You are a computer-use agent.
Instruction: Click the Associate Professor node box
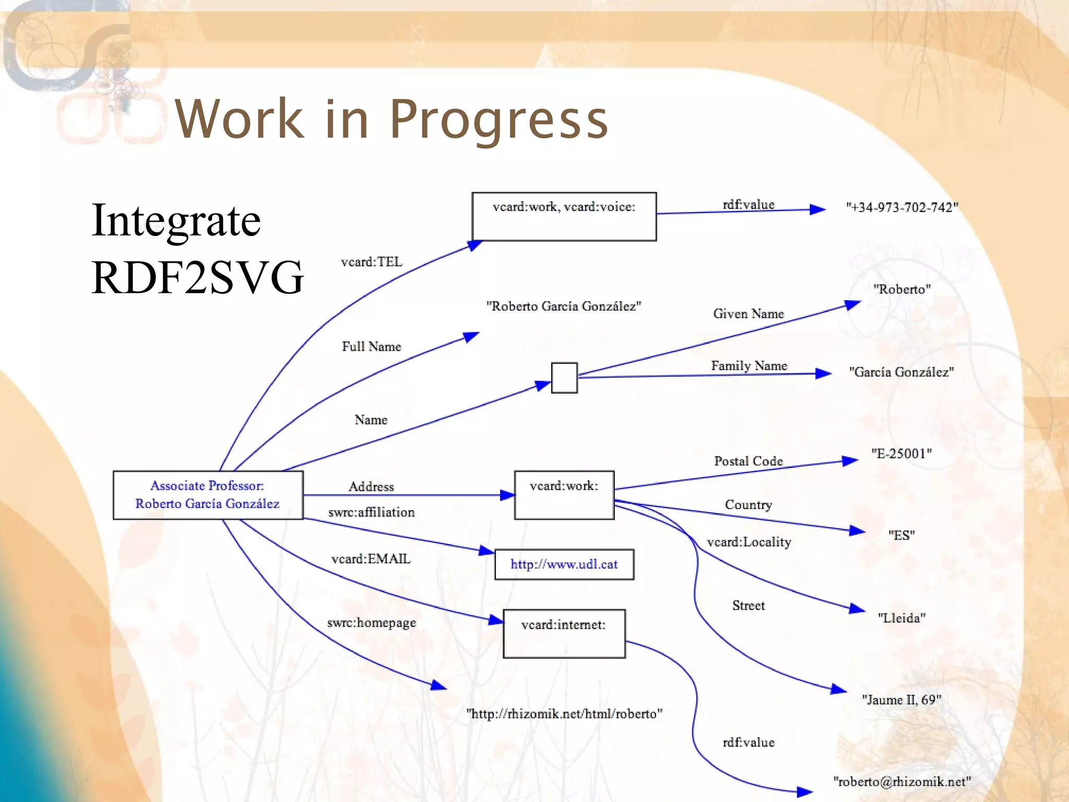pyautogui.click(x=208, y=494)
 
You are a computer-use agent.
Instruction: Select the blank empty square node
pyautogui.click(x=564, y=378)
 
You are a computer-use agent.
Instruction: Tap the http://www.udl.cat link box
pyautogui.click(x=564, y=564)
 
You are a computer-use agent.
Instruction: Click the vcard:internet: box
pyautogui.click(x=564, y=633)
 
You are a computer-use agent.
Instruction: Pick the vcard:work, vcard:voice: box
pyautogui.click(x=564, y=216)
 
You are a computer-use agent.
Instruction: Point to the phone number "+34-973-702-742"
pyautogui.click(x=902, y=208)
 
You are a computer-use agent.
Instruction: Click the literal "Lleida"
pyautogui.click(x=901, y=618)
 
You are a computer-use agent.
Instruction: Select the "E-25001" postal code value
pyautogui.click(x=901, y=454)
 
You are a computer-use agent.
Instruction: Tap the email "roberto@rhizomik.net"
pyautogui.click(x=902, y=782)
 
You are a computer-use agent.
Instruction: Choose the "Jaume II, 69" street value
pyautogui.click(x=901, y=700)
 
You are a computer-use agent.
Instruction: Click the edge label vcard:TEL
pyautogui.click(x=372, y=262)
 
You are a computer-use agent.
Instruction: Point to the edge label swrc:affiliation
pyautogui.click(x=372, y=512)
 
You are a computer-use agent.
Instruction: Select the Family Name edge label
pyautogui.click(x=749, y=366)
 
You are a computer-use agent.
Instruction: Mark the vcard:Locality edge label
pyautogui.click(x=749, y=542)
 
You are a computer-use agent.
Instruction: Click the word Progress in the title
pyautogui.click(x=498, y=120)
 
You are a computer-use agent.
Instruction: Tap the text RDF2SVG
pyautogui.click(x=197, y=277)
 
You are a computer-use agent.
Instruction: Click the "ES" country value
pyautogui.click(x=901, y=536)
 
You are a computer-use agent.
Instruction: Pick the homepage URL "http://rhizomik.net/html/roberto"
pyautogui.click(x=564, y=714)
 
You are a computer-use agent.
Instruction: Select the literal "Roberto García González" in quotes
pyautogui.click(x=564, y=306)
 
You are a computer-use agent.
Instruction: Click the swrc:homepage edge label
pyautogui.click(x=372, y=623)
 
